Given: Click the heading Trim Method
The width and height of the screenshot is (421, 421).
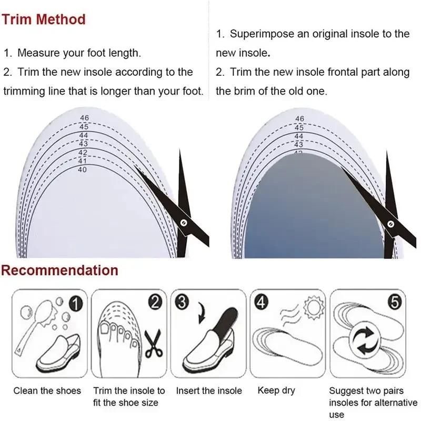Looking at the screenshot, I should [43, 19].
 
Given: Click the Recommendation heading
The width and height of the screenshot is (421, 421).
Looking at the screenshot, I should [59, 270].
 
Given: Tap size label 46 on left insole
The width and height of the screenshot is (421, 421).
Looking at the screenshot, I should [84, 118].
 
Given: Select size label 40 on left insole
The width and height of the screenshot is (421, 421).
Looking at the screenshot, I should [82, 169].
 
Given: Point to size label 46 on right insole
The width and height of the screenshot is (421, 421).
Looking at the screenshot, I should [299, 119].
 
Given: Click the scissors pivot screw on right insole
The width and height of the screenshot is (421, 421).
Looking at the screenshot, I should [390, 224].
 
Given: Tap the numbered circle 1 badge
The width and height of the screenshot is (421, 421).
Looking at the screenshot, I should [76, 304].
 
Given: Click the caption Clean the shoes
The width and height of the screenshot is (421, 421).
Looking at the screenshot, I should [47, 390].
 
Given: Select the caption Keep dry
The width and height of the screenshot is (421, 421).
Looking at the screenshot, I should [276, 390].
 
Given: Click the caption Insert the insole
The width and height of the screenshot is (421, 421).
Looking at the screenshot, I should [209, 390].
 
